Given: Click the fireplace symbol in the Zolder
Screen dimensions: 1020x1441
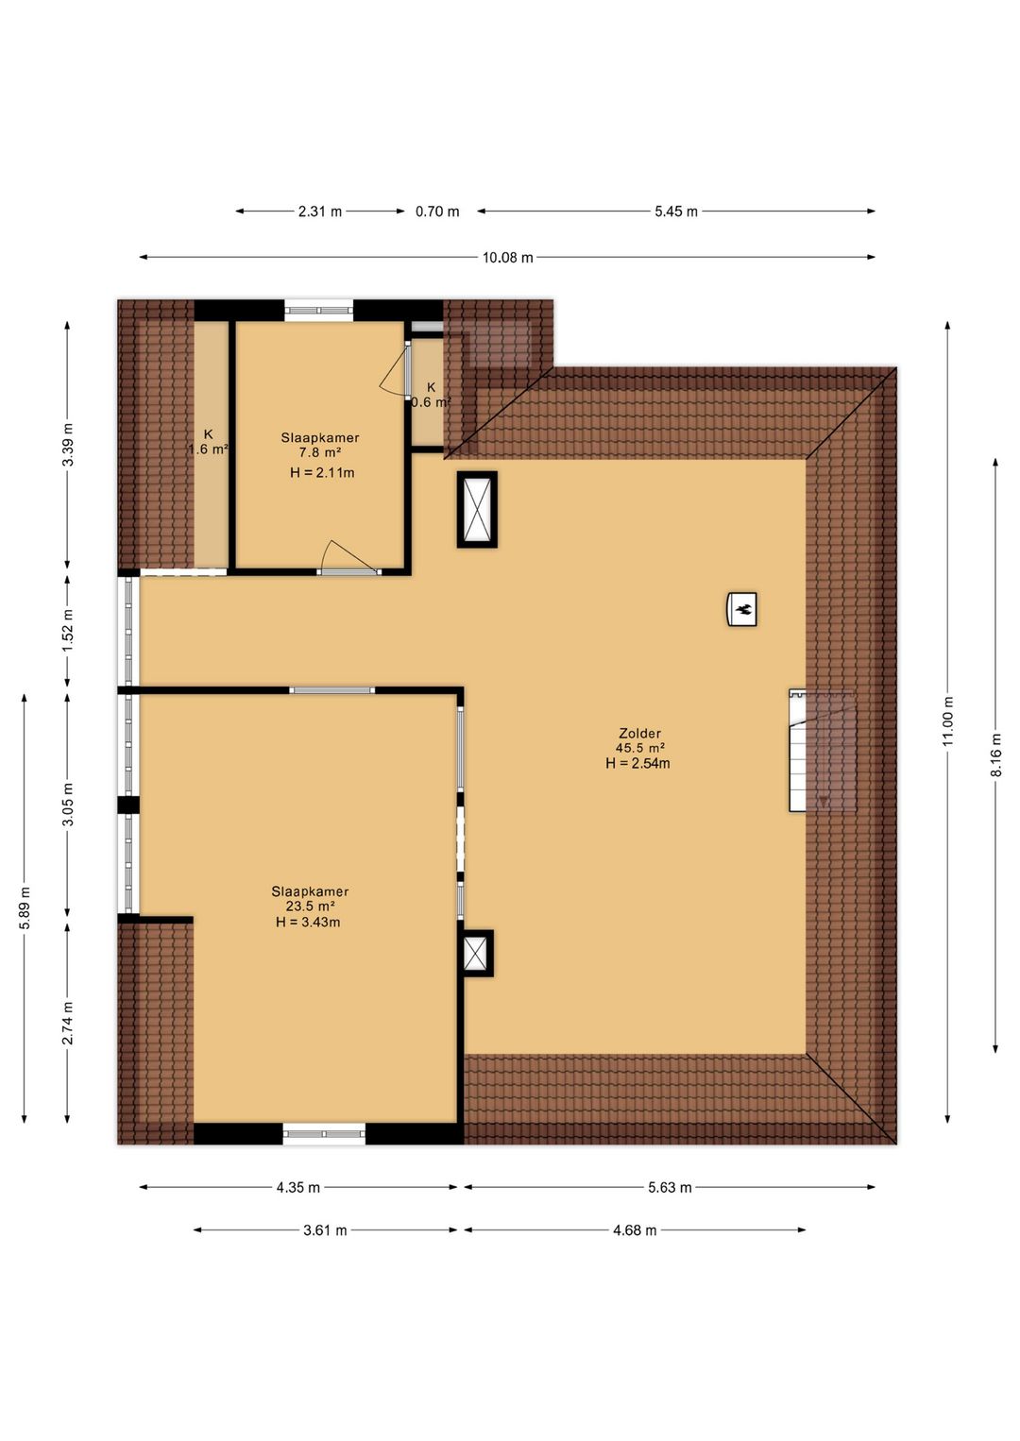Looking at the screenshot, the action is click(741, 608).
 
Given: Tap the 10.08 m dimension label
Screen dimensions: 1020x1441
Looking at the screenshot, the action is click(508, 258).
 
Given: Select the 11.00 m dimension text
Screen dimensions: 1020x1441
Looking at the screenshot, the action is click(947, 721).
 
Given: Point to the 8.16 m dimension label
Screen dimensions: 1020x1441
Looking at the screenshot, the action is click(995, 755).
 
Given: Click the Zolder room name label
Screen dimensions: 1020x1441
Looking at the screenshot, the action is click(639, 733).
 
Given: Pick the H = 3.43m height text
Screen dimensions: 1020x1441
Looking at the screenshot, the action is click(308, 922).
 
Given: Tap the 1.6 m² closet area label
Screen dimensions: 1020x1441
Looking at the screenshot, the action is click(208, 449).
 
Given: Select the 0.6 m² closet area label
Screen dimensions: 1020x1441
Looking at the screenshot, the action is click(432, 402).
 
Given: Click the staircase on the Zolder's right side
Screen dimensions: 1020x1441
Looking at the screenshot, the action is click(823, 750).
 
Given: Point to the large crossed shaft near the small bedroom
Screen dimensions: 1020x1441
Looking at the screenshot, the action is click(477, 510).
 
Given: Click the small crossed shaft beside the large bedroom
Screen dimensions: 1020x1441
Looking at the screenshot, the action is click(477, 954).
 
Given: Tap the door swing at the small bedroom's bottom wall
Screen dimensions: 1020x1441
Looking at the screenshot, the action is click(348, 556).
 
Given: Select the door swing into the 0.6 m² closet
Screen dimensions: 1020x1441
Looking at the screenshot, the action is click(393, 373).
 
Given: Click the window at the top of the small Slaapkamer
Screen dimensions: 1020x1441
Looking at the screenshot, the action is click(319, 311).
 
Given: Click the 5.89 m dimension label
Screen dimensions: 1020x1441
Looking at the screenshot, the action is click(25, 907).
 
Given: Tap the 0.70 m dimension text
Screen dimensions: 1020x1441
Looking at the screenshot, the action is click(437, 212).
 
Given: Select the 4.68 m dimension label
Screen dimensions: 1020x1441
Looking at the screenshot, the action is click(635, 1230).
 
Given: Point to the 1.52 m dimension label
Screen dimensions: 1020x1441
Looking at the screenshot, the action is click(68, 630).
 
